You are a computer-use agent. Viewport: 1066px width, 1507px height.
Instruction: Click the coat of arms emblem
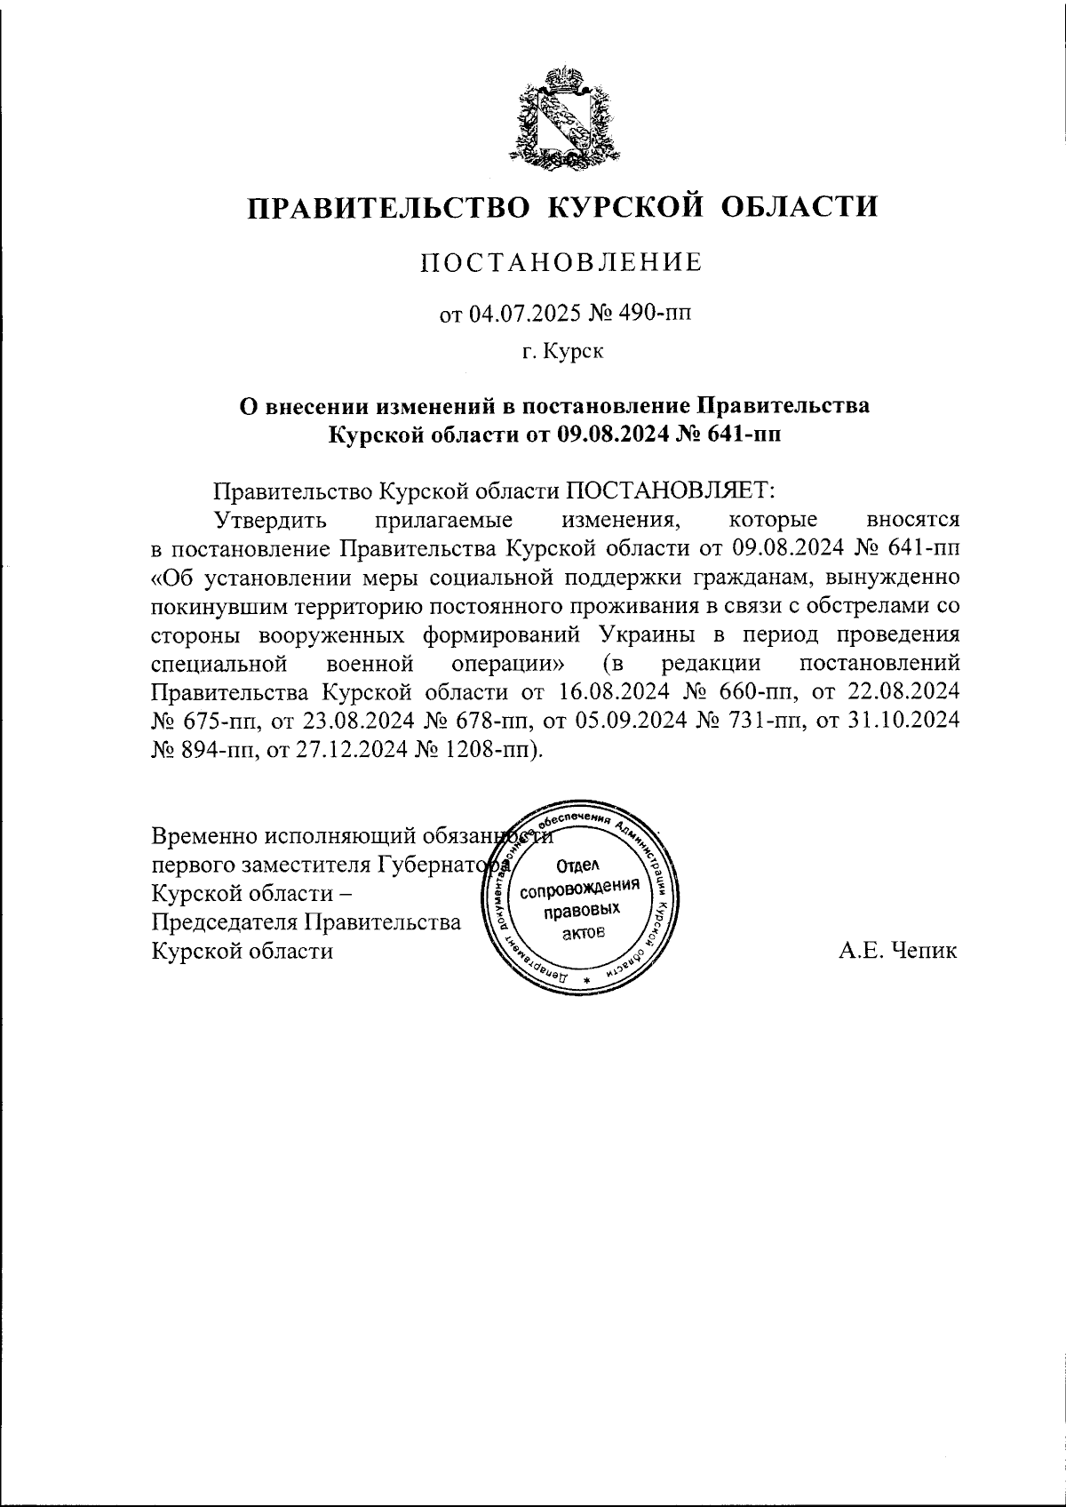pyautogui.click(x=561, y=116)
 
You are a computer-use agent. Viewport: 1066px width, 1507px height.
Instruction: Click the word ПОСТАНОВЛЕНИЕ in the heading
pyautogui.click(x=561, y=262)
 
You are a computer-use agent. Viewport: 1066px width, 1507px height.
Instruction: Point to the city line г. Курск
pyautogui.click(x=562, y=353)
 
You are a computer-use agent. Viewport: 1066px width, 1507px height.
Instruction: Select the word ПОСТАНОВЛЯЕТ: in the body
pyautogui.click(x=672, y=490)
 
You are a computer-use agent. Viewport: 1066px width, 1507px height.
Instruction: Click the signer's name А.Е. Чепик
pyautogui.click(x=898, y=951)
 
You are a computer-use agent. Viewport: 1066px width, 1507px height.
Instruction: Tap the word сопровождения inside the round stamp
pyautogui.click(x=580, y=889)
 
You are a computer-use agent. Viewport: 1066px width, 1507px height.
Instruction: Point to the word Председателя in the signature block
pyautogui.click(x=227, y=922)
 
